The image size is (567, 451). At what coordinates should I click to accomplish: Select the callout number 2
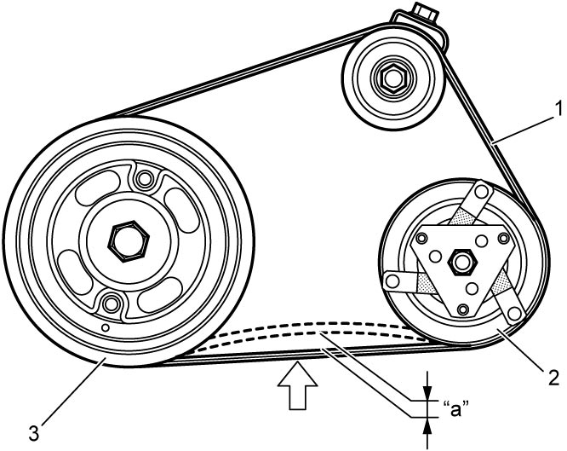click(553, 378)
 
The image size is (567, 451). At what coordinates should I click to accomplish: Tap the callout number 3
click(34, 434)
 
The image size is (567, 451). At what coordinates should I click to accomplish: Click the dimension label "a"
click(455, 408)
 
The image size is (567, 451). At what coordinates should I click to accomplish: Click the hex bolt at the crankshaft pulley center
click(129, 241)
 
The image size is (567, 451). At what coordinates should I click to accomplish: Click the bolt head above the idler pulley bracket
click(426, 10)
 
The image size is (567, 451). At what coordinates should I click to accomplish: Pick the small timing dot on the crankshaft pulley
click(106, 327)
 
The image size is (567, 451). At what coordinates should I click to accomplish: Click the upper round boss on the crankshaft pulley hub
click(145, 178)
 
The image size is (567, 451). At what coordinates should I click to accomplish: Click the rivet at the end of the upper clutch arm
click(482, 192)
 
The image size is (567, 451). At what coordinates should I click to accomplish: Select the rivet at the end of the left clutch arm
click(392, 280)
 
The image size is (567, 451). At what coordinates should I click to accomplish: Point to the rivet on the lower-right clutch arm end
click(513, 313)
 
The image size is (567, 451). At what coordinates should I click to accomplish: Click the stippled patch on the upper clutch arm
click(464, 217)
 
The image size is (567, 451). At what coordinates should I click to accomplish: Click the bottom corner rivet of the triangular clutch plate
click(462, 309)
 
